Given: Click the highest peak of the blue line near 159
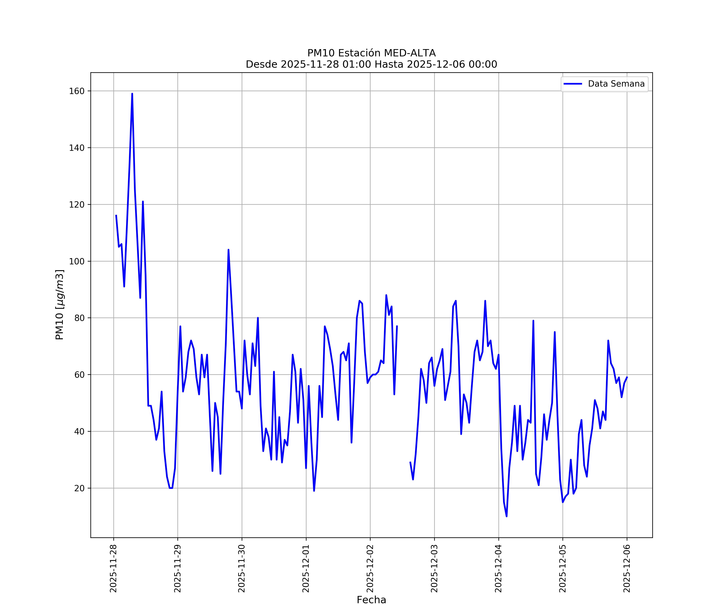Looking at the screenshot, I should click(132, 94).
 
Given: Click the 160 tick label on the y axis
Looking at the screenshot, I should click(77, 91).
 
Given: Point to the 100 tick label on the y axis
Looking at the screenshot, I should click(77, 261).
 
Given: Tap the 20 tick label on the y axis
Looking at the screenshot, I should click(79, 488).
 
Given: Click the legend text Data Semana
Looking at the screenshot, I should click(616, 84).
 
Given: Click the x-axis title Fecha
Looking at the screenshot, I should click(371, 600).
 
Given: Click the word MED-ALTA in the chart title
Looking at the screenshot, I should click(410, 53).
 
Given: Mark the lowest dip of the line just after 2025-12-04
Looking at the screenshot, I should click(506, 516).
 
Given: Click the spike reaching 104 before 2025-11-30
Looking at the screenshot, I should click(228, 250).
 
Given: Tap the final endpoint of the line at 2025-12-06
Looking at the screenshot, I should click(627, 377).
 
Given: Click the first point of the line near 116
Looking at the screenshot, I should click(116, 215).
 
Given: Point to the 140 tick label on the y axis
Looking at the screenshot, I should click(77, 148).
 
